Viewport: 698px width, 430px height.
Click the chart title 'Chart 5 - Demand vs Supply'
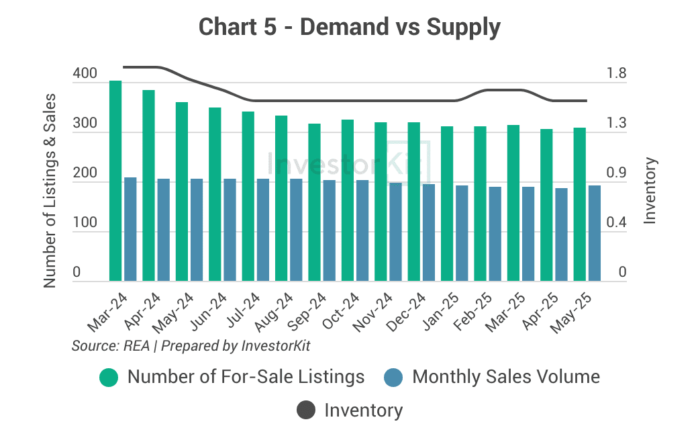349,28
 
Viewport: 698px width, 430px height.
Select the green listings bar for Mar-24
115,181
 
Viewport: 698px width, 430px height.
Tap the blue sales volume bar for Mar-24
130,229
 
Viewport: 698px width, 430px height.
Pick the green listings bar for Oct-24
348,200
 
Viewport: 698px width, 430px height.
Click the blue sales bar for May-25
595,233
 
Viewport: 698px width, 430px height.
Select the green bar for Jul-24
248,196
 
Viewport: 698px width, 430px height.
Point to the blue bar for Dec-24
429,232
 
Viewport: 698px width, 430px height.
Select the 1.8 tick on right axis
617,73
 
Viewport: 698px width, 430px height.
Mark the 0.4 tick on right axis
617,223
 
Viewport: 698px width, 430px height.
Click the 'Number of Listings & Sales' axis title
49,191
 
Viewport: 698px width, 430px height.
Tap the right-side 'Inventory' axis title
650,190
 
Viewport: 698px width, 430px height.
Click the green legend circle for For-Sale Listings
109,377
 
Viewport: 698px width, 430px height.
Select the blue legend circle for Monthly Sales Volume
393,377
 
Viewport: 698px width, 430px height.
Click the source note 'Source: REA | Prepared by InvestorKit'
191,346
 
